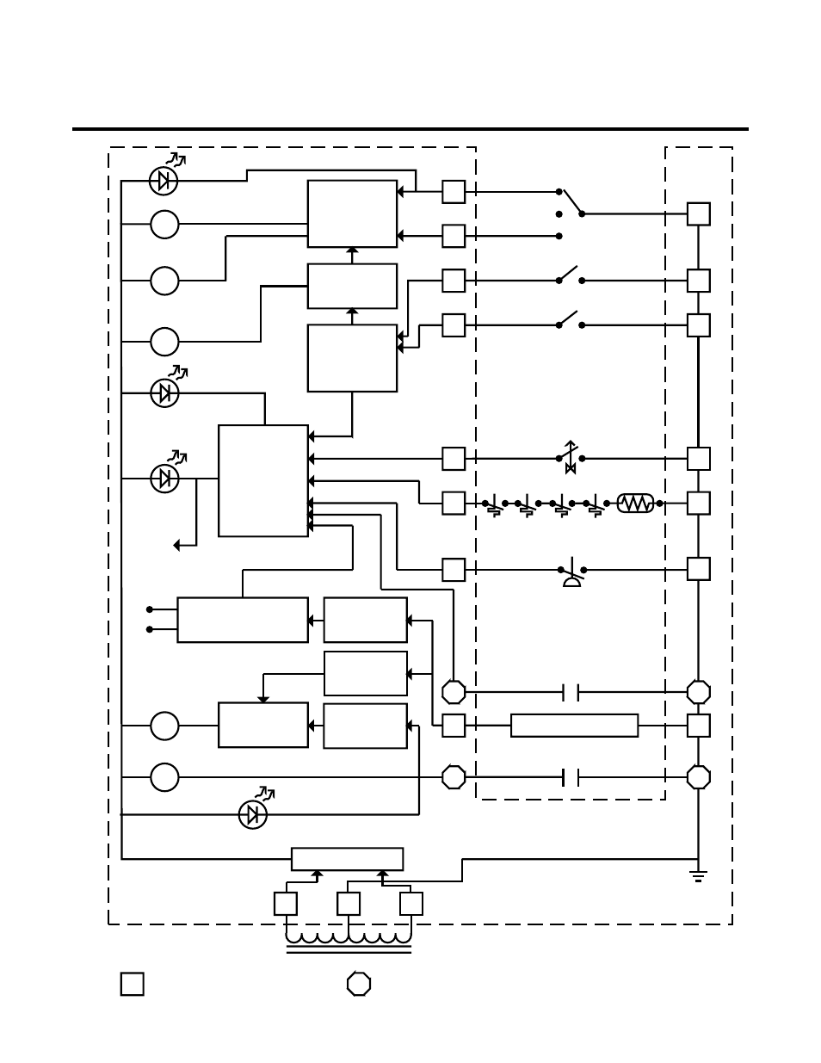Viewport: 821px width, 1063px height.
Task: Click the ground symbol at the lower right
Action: pos(698,876)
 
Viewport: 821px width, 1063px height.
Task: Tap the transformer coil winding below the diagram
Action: pos(349,938)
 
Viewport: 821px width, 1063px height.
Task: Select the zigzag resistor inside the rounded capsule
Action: pos(636,503)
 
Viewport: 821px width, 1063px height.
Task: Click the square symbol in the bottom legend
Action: pos(132,984)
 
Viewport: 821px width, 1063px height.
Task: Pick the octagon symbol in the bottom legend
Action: pos(359,984)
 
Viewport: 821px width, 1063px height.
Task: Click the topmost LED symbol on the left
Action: pos(164,180)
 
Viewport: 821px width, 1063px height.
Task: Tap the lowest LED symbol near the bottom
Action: pos(253,814)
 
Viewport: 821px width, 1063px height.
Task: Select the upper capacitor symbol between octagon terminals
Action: pos(571,691)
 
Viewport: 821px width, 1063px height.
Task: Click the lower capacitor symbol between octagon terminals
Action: pos(571,777)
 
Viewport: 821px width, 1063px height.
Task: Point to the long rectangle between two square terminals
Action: pos(574,726)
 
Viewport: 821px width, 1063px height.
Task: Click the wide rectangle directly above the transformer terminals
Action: pos(347,859)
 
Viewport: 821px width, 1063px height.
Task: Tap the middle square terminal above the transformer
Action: pos(349,904)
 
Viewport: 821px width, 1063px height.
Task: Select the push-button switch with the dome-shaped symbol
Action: pos(571,574)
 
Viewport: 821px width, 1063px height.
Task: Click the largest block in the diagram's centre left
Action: pos(263,480)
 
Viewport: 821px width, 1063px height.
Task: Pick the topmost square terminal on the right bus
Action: pos(699,213)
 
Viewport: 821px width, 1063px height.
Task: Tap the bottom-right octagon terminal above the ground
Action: pos(699,777)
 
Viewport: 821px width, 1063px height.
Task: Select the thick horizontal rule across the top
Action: pos(410,129)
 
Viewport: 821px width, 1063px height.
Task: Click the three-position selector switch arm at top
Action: pos(571,202)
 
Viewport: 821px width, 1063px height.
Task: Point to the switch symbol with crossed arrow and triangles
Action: pos(570,457)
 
